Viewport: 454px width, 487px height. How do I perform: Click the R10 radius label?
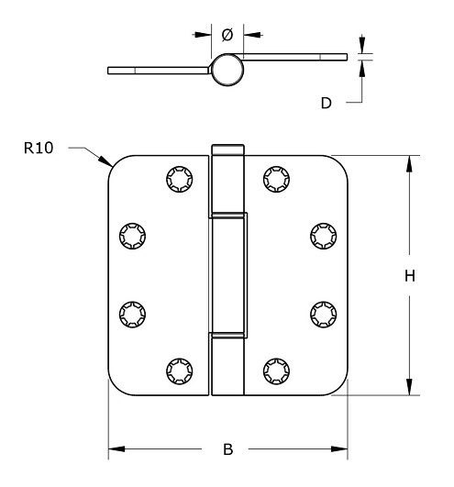[39, 147]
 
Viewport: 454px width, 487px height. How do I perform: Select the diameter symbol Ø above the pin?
[227, 34]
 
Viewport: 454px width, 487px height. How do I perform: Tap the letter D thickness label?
[326, 103]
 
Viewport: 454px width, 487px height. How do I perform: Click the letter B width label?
[228, 449]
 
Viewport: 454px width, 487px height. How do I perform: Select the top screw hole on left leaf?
[177, 178]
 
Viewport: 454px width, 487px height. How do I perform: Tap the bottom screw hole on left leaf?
[177, 371]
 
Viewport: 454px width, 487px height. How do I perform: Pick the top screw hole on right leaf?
[275, 178]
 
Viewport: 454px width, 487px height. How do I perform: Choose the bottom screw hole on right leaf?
[275, 371]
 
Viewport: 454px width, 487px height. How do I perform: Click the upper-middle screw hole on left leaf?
[131, 237]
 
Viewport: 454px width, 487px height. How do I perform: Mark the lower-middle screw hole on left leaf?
[131, 313]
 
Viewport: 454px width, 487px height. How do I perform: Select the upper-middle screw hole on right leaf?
[322, 237]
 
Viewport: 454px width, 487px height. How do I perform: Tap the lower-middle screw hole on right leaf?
[322, 313]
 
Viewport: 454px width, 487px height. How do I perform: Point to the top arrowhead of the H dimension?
[409, 161]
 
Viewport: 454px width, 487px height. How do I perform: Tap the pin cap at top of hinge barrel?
[227, 149]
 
